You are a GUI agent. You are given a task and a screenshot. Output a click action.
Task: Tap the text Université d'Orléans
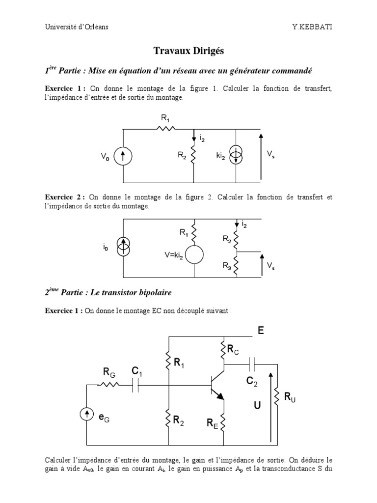point(76,27)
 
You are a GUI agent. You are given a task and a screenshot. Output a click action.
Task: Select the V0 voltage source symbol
point(122,156)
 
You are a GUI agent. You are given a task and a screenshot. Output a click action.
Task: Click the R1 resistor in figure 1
point(165,129)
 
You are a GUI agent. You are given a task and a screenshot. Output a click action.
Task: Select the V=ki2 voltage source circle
point(194,254)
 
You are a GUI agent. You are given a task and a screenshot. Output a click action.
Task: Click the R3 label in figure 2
point(226,266)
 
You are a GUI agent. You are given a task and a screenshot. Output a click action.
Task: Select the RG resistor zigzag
point(109,386)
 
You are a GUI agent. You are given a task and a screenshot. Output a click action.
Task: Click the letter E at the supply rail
point(261,331)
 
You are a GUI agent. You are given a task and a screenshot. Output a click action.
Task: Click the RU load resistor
point(277,396)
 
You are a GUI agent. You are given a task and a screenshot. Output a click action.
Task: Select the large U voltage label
point(257,406)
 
